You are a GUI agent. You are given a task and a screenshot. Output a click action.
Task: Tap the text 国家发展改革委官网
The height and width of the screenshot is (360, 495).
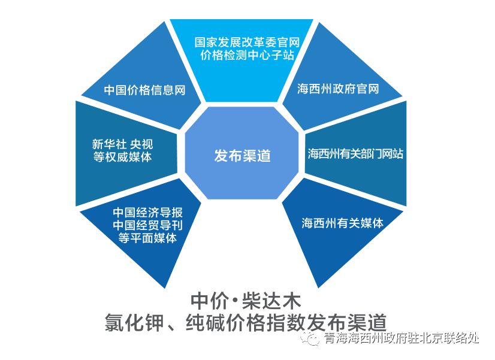pyautogui.click(x=247, y=43)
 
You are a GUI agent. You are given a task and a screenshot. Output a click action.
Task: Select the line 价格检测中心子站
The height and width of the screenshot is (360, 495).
pyautogui.click(x=247, y=56)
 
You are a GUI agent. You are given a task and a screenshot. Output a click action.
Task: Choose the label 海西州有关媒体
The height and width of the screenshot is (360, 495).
pyautogui.click(x=342, y=223)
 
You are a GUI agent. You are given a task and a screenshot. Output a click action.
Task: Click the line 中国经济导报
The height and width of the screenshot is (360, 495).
pyautogui.click(x=147, y=213)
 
